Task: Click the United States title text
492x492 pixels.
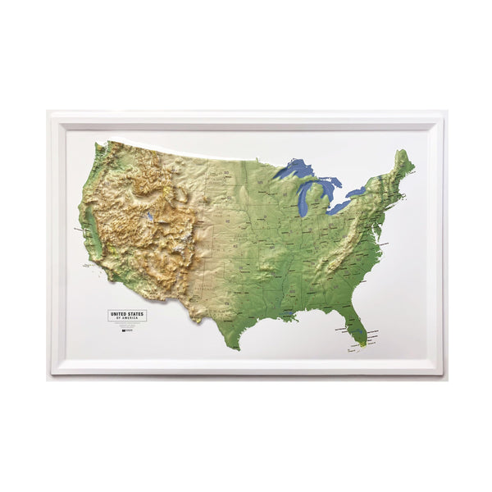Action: [x=127, y=312]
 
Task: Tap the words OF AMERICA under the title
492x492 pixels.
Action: [x=127, y=317]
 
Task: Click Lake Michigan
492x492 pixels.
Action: [x=305, y=197]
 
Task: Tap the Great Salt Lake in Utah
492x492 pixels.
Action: [x=151, y=218]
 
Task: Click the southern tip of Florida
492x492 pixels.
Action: [x=362, y=344]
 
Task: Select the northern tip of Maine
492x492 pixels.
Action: [x=401, y=152]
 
